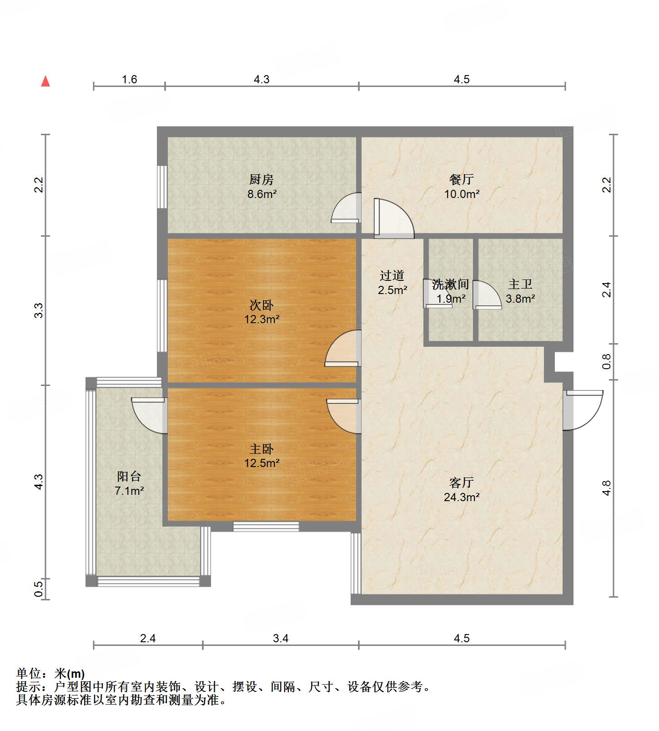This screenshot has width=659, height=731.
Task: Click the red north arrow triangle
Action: coord(45,81)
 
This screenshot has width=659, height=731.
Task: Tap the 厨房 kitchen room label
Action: coord(262,179)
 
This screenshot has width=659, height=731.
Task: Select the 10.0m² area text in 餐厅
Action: coord(462,194)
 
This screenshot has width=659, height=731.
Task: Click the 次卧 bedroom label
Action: coord(262,305)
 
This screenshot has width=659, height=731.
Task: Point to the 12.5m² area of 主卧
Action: coord(262,463)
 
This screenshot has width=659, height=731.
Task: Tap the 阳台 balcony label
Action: coord(129,477)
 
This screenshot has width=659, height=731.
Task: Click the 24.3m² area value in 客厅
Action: coord(462,497)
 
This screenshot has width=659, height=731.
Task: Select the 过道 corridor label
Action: coord(392,275)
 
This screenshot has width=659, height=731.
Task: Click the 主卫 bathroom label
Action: coord(520,284)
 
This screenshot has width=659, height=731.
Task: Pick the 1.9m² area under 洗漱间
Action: coord(451,299)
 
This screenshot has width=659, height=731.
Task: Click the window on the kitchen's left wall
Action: coord(161,187)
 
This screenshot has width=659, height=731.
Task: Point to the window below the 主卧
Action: coord(266,527)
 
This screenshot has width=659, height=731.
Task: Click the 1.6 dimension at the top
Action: coord(129,80)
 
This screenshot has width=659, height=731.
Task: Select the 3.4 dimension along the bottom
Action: coord(281,638)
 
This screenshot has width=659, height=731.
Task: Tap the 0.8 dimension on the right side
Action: coord(607,362)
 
